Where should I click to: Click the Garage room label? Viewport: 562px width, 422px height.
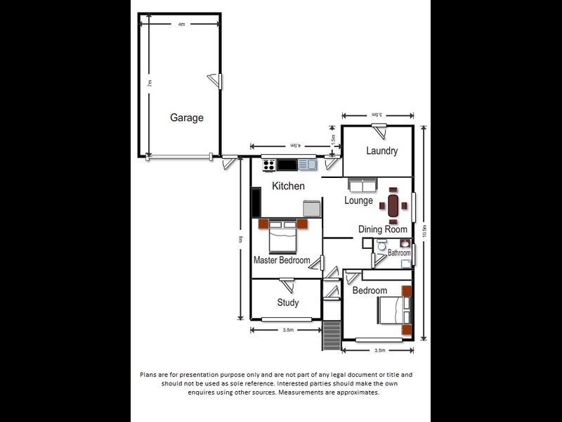pos(187,118)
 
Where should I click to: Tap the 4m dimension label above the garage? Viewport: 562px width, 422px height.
pos(181,24)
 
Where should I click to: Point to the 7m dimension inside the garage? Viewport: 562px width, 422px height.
pos(150,83)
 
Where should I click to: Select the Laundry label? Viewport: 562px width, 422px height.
pos(381,151)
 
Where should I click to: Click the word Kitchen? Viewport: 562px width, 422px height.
pos(288,186)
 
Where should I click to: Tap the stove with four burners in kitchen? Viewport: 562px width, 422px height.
pos(268,165)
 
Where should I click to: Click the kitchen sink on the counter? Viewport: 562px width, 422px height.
pos(307,165)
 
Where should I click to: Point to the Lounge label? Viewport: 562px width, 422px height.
pos(358,200)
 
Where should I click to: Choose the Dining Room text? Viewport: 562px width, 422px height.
pos(383,229)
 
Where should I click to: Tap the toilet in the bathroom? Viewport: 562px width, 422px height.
pos(381,246)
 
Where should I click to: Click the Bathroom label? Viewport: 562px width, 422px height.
pos(399,252)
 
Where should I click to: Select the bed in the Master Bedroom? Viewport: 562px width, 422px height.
pos(285,236)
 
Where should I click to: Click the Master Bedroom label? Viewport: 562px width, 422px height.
pos(281,260)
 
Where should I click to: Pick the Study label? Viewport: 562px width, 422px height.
pos(287,302)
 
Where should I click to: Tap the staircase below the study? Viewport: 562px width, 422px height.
pos(331,335)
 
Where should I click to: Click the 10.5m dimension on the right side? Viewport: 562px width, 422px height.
pos(425,232)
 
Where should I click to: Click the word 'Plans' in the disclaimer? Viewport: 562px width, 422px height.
pos(150,375)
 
